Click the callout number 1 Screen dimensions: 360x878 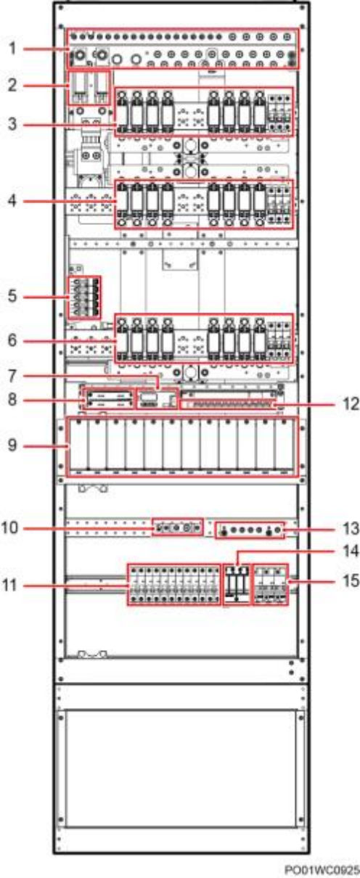(x=13, y=49)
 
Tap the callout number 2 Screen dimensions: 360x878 (x=13, y=85)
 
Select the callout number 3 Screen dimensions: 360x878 (x=13, y=124)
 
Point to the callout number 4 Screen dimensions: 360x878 (x=13, y=201)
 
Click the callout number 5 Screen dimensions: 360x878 (x=13, y=296)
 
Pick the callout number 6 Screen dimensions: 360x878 (x=13, y=340)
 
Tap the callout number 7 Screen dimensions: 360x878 (x=13, y=377)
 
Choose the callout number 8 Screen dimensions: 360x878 (x=13, y=401)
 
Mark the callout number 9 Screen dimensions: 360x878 (x=13, y=446)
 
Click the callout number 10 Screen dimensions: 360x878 (x=10, y=528)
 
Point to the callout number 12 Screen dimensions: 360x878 (x=350, y=404)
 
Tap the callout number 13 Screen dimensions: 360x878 (x=350, y=529)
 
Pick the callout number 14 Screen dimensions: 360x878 (x=350, y=551)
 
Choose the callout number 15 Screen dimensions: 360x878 (x=350, y=581)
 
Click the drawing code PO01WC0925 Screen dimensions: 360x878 (x=322, y=870)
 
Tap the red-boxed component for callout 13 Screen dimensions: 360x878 (x=250, y=530)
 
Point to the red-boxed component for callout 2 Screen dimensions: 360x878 (x=90, y=88)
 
